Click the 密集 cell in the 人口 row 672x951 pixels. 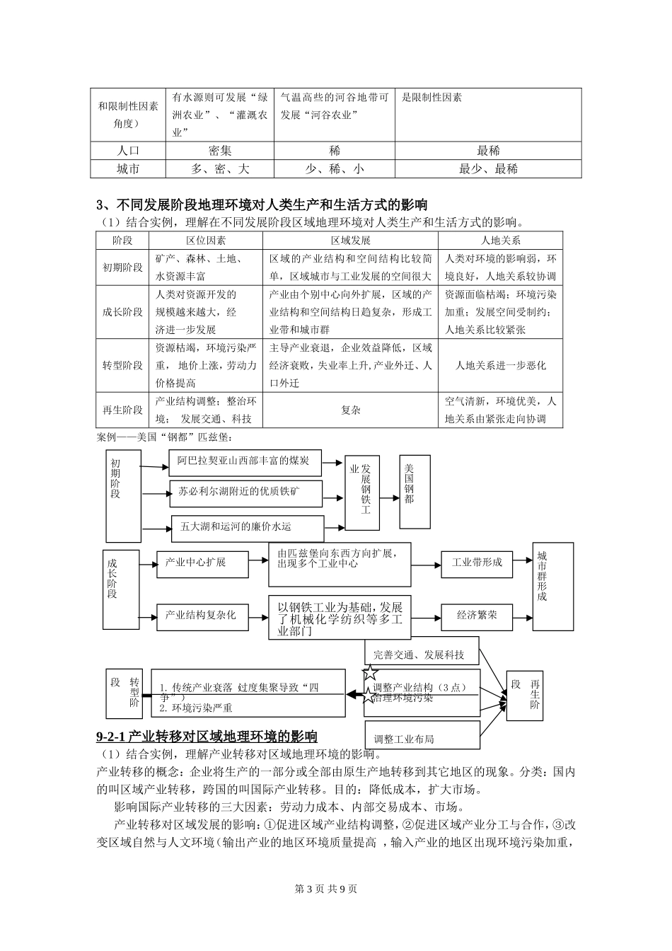tap(219, 151)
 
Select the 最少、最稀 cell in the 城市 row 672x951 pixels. tap(488, 168)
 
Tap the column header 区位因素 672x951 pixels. tap(206, 241)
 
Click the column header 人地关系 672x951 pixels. tap(500, 241)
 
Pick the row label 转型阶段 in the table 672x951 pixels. tap(122, 365)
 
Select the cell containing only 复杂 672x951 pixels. tap(350, 410)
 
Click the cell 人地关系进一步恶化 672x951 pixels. tap(500, 365)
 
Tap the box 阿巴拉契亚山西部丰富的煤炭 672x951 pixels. tap(244, 461)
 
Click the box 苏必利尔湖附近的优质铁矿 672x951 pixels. tap(245, 493)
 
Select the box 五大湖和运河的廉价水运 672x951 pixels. tap(247, 527)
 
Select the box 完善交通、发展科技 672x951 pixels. tap(422, 655)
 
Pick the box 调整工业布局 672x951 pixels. tap(422, 739)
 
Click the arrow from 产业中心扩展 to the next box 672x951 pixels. tap(257, 562)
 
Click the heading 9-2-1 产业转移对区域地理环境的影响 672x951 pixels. tap(207, 736)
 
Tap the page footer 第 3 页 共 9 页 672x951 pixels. tap(335, 889)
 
